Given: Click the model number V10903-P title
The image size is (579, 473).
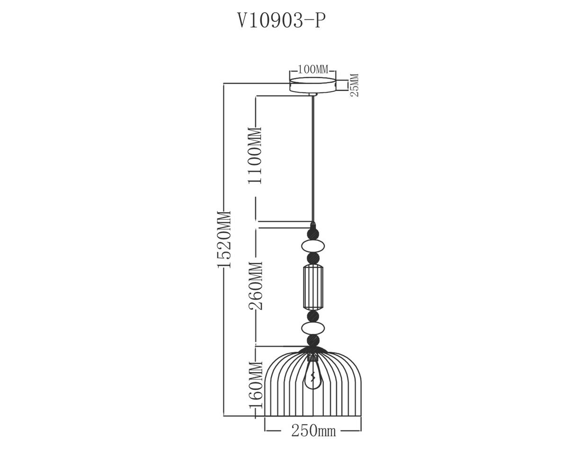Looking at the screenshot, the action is [282, 21].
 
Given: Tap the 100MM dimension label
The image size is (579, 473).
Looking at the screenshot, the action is [313, 70].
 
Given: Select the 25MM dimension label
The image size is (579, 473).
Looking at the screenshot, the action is [355, 85].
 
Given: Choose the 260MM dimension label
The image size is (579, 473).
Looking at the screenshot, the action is [256, 285].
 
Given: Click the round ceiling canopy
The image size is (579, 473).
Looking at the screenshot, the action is [313, 85].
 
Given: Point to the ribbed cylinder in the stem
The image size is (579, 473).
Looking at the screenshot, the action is [313, 287].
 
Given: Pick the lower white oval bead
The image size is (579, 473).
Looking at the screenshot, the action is [313, 328].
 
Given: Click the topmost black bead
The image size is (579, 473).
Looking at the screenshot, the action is [313, 234].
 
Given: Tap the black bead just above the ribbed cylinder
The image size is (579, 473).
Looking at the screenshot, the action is [313, 258].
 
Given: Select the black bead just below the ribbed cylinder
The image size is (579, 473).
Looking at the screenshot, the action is [313, 315].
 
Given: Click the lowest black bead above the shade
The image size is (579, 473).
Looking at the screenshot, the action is [313, 341].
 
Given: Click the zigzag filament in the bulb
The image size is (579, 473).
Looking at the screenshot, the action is [313, 377].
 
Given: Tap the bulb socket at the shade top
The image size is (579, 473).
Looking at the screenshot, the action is [313, 357].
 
